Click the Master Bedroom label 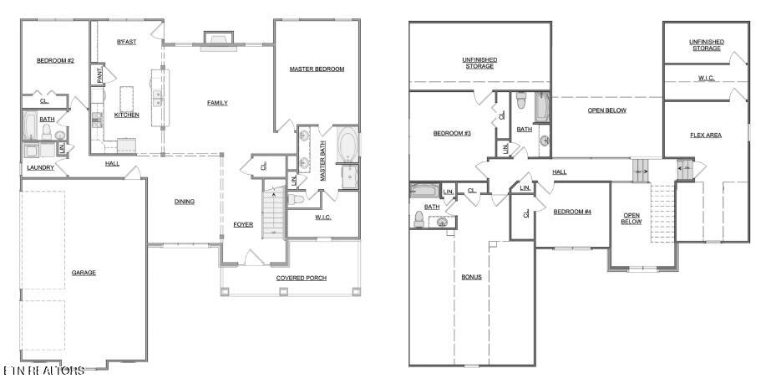[317, 69]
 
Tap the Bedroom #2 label [56, 60]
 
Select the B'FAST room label [126, 41]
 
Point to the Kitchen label [126, 115]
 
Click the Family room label [217, 103]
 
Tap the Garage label [84, 273]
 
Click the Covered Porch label [301, 278]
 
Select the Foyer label [243, 224]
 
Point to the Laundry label [41, 167]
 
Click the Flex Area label [707, 135]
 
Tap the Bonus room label [471, 277]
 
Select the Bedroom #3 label [452, 134]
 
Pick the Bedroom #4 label [572, 212]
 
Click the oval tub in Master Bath [347, 146]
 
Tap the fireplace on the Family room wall [217, 39]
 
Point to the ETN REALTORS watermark [43, 370]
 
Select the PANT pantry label [99, 75]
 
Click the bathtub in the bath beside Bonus [424, 191]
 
